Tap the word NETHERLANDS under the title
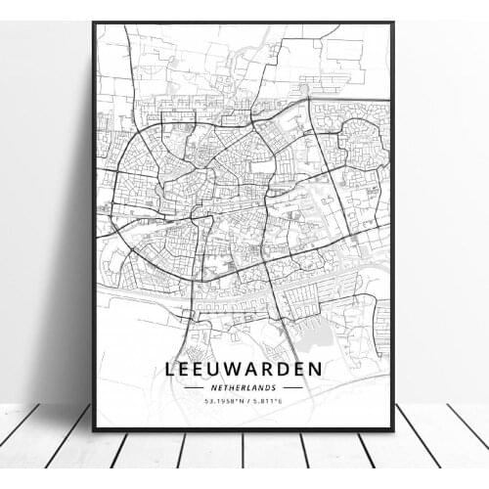(244, 387)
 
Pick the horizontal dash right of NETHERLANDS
(292, 387)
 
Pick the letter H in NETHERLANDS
(230, 387)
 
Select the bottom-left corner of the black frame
(94, 429)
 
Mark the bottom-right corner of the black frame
(392, 429)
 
